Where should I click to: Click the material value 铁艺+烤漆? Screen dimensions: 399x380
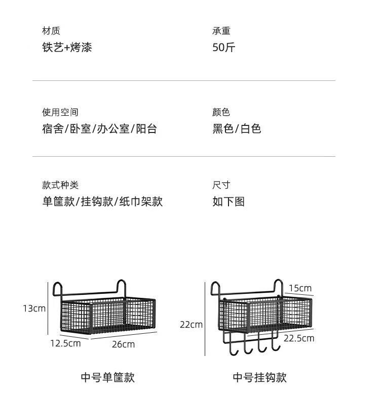pyautogui.click(x=67, y=48)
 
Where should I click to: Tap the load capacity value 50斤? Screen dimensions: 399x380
pyautogui.click(x=224, y=48)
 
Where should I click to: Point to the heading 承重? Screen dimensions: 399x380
pyautogui.click(x=221, y=31)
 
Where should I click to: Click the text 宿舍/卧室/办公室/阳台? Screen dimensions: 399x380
pyautogui.click(x=99, y=129)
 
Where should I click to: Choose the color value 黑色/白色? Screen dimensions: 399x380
pyautogui.click(x=237, y=129)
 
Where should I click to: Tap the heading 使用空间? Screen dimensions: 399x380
pyautogui.click(x=60, y=112)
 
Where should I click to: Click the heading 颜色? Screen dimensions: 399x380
pyautogui.click(x=221, y=112)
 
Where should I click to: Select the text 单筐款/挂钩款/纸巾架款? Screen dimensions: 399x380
pyautogui.click(x=102, y=202)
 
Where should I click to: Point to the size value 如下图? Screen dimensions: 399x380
pyautogui.click(x=229, y=202)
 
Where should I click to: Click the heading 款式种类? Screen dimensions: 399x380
pyautogui.click(x=60, y=185)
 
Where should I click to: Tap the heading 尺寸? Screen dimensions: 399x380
pyautogui.click(x=221, y=185)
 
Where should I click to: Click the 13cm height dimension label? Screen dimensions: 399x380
pyautogui.click(x=34, y=308)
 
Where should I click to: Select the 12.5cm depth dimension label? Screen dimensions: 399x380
pyautogui.click(x=65, y=343)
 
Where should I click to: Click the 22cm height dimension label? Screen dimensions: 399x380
pyautogui.click(x=191, y=325)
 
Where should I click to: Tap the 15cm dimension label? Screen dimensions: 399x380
pyautogui.click(x=300, y=288)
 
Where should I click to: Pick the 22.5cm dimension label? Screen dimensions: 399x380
pyautogui.click(x=298, y=338)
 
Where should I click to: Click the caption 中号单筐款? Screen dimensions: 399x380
pyautogui.click(x=108, y=377)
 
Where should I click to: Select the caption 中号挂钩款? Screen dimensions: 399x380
pyautogui.click(x=260, y=377)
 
